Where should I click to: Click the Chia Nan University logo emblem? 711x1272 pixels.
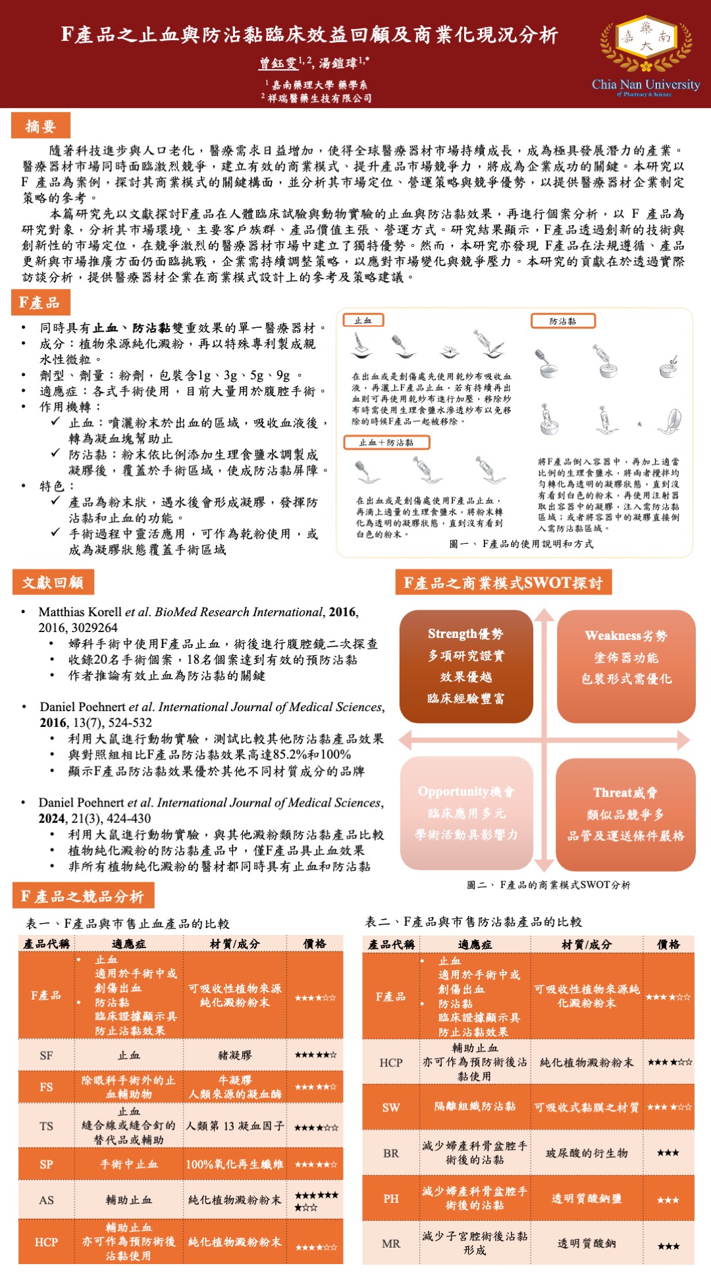click(646, 45)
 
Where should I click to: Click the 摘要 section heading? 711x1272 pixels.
click(40, 126)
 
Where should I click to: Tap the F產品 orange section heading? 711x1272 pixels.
click(39, 303)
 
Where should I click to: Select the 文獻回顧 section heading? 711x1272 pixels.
click(53, 583)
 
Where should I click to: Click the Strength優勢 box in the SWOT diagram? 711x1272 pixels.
click(466, 666)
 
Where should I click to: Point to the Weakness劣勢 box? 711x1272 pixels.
click(626, 666)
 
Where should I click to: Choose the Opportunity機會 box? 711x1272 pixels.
click(466, 813)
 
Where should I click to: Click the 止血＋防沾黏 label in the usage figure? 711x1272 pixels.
click(386, 442)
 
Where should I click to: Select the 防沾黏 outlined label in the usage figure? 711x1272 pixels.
click(563, 321)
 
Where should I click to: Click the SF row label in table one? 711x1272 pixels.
click(46, 1055)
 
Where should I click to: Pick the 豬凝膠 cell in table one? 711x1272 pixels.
click(235, 1055)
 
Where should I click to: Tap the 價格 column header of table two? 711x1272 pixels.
click(668, 944)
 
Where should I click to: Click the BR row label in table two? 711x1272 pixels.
click(391, 1153)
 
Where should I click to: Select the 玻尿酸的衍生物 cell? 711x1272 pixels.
click(587, 1153)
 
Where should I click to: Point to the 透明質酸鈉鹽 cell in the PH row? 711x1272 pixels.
click(587, 1199)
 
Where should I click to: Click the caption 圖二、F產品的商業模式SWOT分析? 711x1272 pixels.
click(548, 885)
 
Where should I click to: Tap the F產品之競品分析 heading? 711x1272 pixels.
click(82, 896)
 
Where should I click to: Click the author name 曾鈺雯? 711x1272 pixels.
click(278, 63)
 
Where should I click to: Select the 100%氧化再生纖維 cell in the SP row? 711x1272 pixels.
click(235, 1164)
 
